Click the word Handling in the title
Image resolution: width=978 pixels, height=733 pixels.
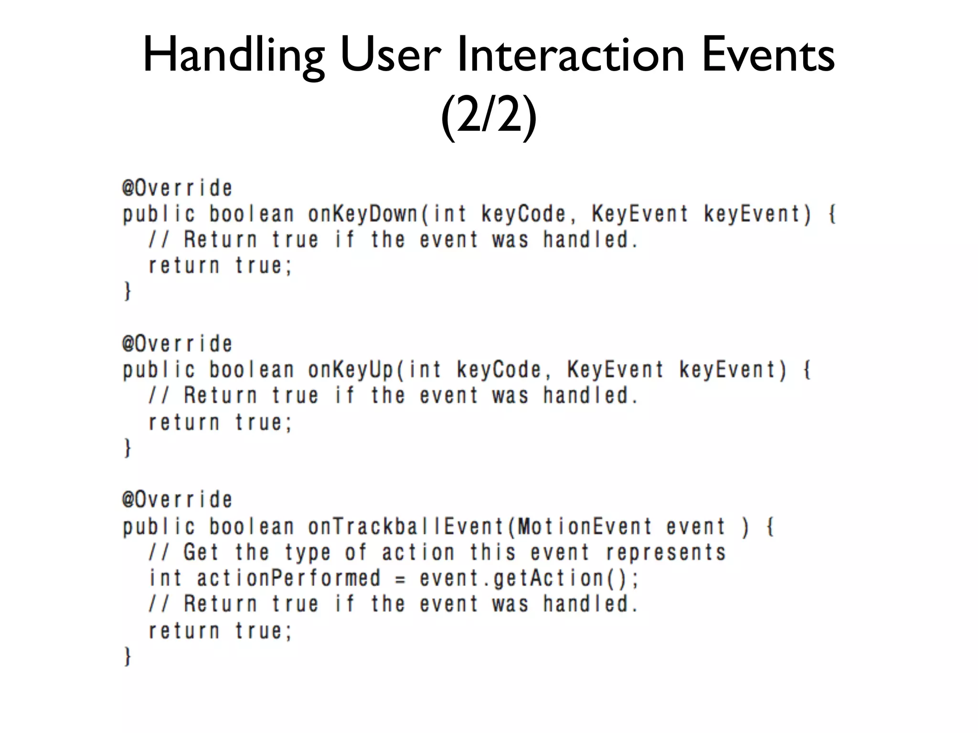[234, 56]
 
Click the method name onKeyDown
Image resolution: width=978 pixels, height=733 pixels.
[363, 214]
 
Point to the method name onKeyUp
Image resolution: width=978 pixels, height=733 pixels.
[351, 370]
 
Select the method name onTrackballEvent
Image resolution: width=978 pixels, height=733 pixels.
[406, 526]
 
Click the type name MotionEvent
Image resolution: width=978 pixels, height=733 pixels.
[585, 526]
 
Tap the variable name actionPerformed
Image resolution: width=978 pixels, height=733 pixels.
[289, 578]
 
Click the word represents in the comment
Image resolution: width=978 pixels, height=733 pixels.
[666, 552]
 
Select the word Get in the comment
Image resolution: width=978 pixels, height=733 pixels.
[201, 552]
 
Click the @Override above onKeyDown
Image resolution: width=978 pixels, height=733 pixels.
[177, 188]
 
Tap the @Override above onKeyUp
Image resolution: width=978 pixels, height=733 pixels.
[177, 344]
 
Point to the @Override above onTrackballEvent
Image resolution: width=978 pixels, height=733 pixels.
[177, 500]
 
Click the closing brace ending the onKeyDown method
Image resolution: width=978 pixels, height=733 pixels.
[127, 291]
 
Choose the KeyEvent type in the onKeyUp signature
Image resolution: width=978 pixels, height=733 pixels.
[616, 370]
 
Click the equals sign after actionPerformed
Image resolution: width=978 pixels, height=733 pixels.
[400, 579]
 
